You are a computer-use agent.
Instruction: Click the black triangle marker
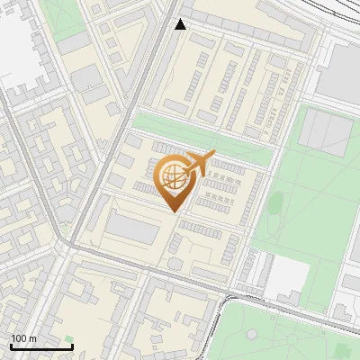point(181,24)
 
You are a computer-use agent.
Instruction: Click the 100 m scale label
point(23,338)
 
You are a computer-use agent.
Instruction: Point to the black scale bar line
point(41,346)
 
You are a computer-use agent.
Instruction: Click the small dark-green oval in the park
point(276,202)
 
